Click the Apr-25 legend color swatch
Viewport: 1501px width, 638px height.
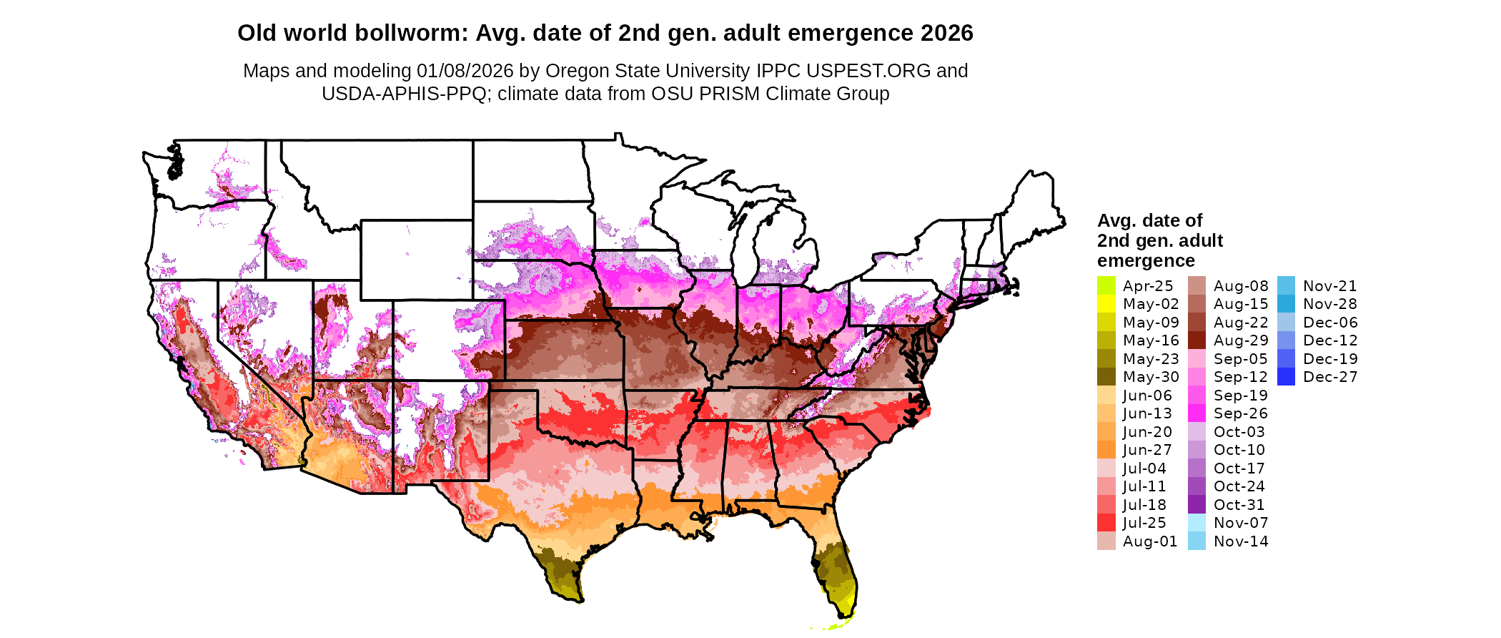coord(1106,285)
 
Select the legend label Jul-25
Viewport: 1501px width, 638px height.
coord(1144,523)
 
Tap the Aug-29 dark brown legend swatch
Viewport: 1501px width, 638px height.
coord(1197,340)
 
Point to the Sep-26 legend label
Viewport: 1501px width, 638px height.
coord(1240,413)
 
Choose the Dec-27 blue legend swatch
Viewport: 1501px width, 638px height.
coord(1286,377)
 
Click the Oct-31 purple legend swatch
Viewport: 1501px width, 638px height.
coord(1197,505)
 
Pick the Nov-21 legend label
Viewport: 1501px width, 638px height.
coord(1329,286)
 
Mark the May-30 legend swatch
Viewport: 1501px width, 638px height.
coord(1106,377)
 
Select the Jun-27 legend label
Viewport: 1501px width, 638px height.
coord(1146,450)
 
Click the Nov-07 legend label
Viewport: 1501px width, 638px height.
coord(1241,523)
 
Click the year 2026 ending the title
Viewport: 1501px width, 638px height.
coord(946,34)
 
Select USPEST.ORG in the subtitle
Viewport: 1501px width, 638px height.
coord(868,71)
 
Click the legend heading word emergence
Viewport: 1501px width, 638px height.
coord(1146,261)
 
